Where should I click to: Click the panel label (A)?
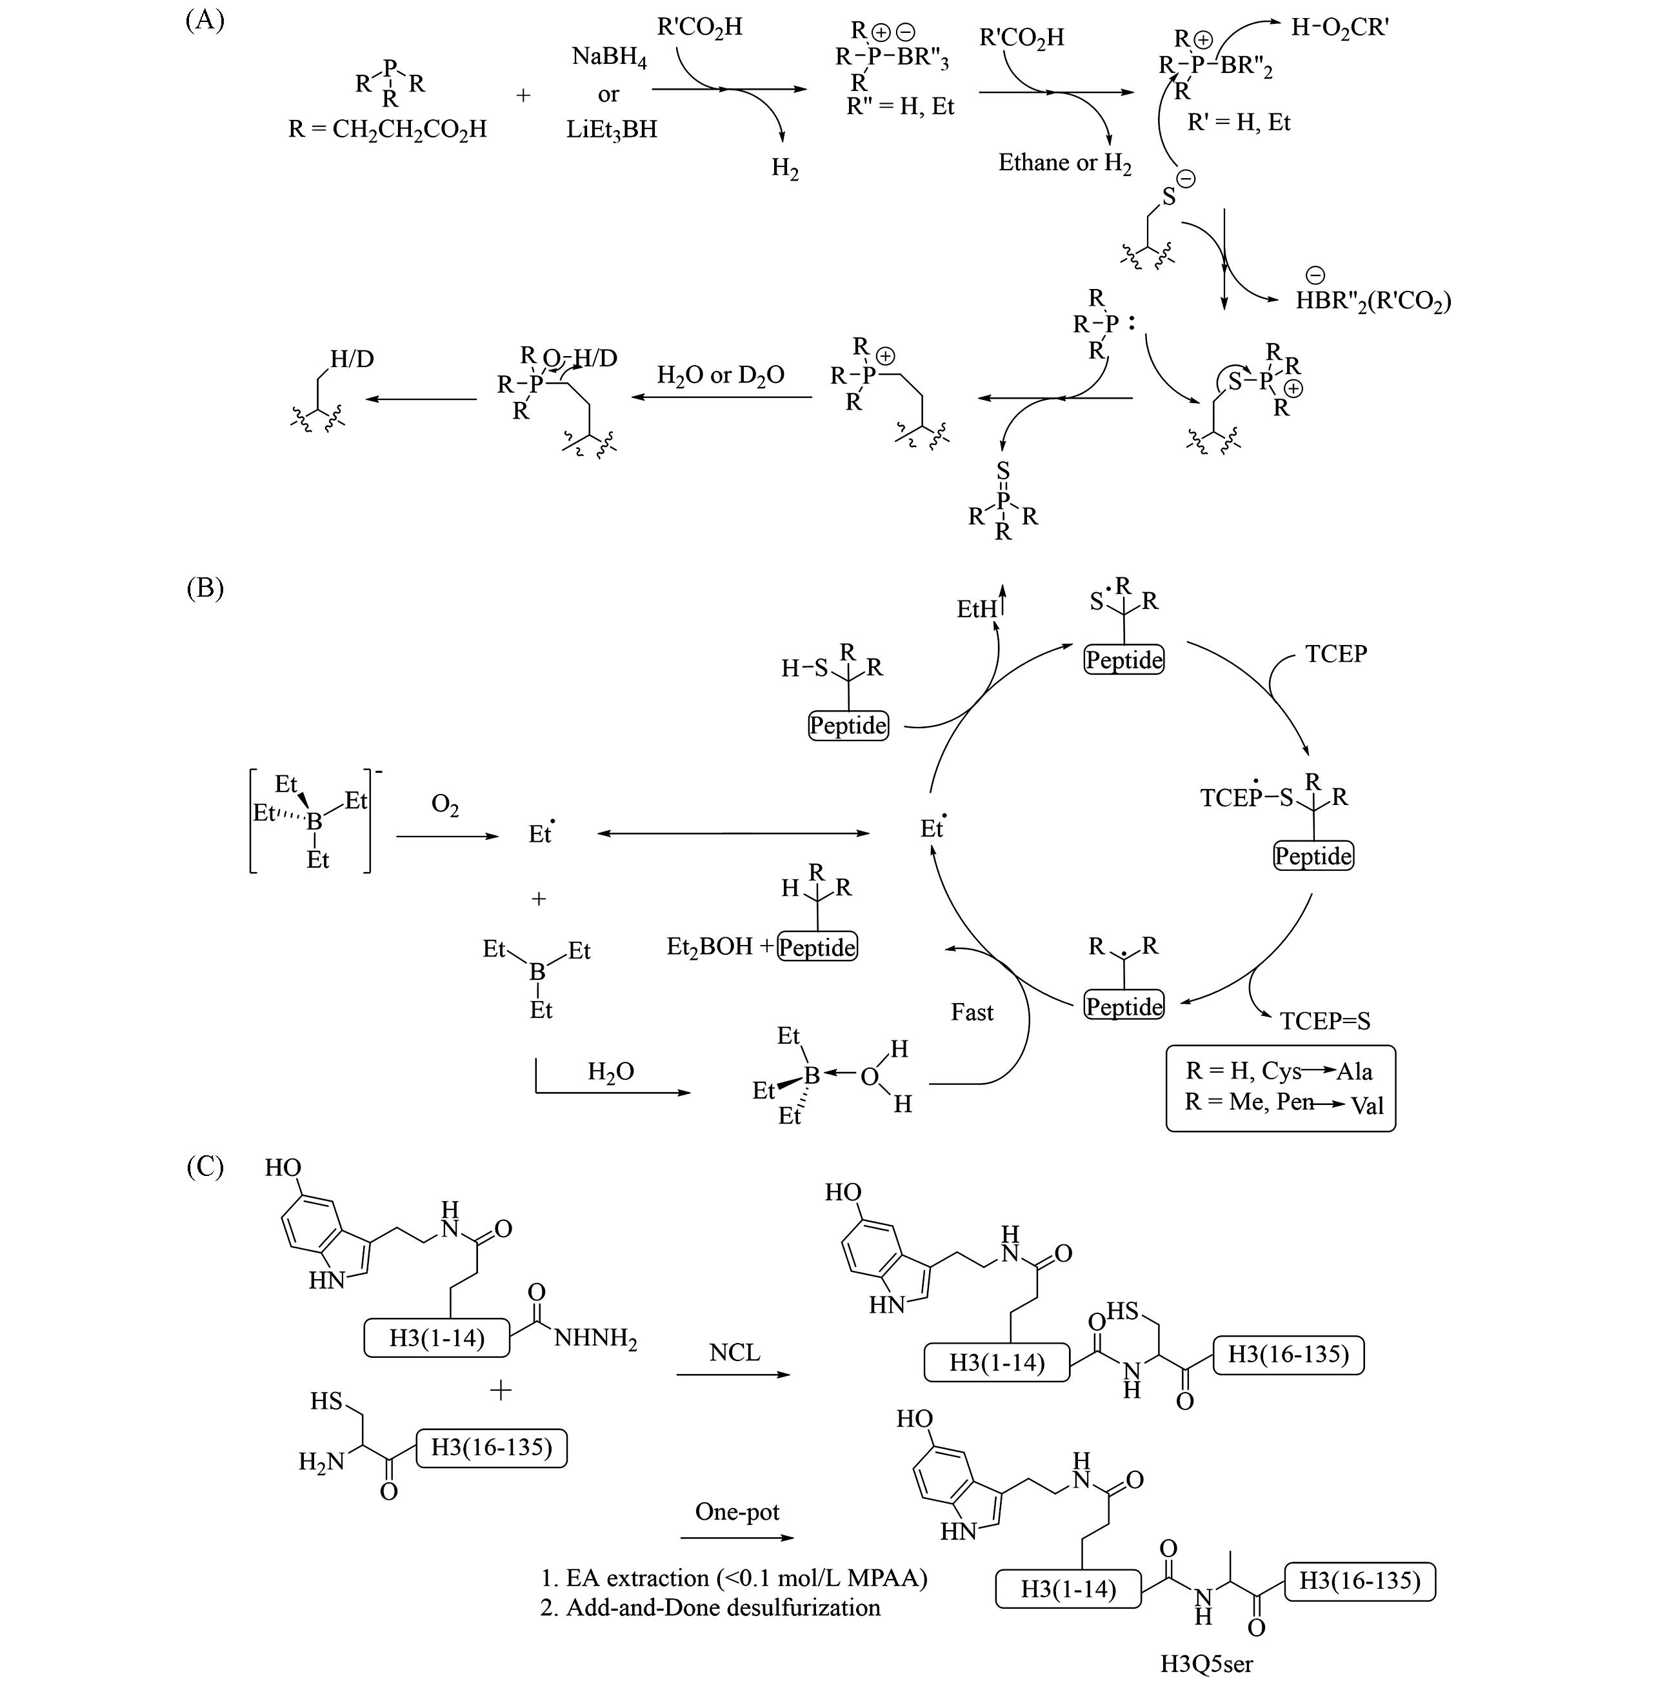pos(205,20)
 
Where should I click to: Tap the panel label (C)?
pos(205,1166)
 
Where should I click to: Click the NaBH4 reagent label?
pos(609,58)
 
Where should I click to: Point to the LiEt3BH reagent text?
pos(612,130)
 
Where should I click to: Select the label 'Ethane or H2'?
pos(1064,163)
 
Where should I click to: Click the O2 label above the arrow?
pos(444,806)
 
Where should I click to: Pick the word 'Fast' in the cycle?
pos(972,1012)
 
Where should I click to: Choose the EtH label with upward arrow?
pos(980,609)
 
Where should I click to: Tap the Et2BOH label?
pos(709,947)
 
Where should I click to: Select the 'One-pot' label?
pos(737,1511)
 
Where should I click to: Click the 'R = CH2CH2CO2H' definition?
pos(387,130)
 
